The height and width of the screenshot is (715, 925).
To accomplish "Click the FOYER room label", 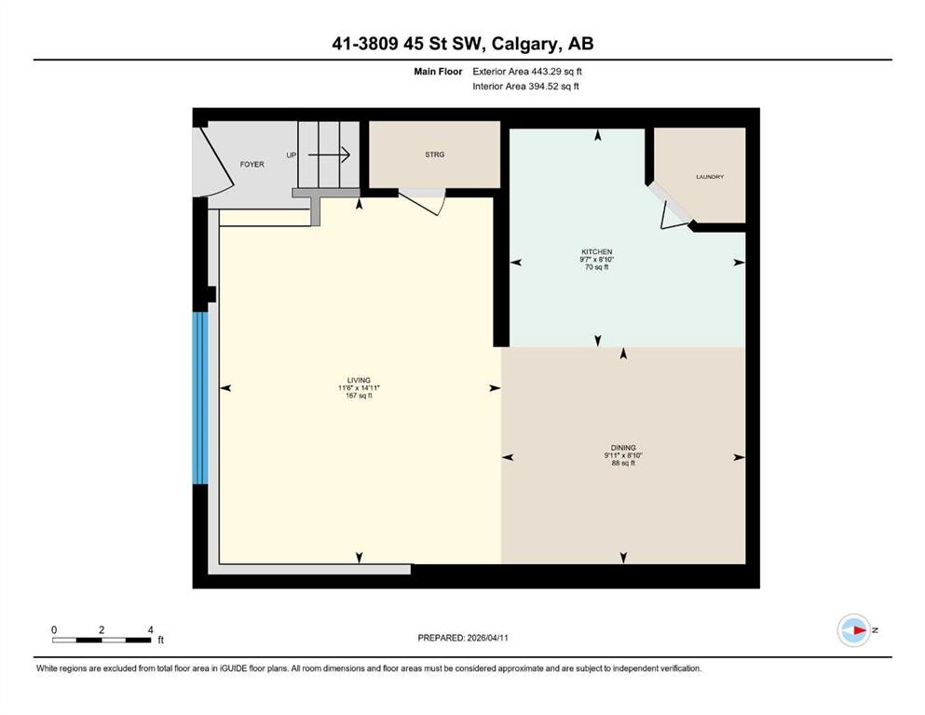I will pos(252,164).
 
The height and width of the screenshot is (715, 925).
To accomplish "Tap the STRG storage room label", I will pos(434,155).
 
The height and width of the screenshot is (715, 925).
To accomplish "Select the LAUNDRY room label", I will pos(709,177).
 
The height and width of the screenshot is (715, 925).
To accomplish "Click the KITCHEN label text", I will pos(596,252).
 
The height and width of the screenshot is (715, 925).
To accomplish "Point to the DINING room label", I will pos(623,448).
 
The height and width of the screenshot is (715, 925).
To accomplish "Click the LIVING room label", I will pos(359,380).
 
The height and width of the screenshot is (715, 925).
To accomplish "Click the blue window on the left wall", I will pos(198,398).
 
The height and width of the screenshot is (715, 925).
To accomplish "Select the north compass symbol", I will pos(853,630).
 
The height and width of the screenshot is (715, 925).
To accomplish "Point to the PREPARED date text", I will pos(463,638).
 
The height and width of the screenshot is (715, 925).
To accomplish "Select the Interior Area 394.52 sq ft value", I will pos(525,87).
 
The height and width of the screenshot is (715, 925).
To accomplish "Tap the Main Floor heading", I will pos(439,71).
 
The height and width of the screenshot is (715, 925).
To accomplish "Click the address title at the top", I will pos(462,43).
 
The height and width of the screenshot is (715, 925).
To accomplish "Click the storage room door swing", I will pos(425,201).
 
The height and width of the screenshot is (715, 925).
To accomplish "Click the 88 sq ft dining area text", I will pos(623,464).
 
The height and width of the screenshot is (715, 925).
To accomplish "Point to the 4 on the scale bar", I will pos(150,629).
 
